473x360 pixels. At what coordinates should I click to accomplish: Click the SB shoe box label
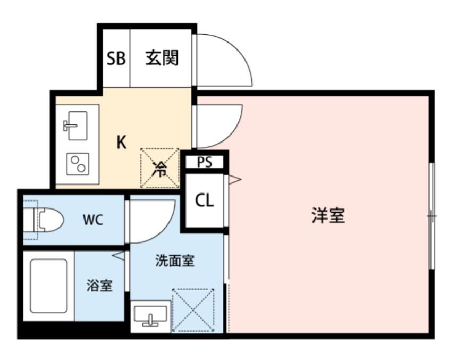point(116,58)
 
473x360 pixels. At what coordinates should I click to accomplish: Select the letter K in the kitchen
point(121,142)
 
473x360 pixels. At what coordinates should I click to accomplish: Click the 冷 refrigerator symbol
point(159,169)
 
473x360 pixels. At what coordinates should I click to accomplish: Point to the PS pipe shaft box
point(205,162)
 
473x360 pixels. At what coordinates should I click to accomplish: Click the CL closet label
point(205,200)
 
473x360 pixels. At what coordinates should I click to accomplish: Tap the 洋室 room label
point(328,215)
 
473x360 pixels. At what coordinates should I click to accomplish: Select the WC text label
point(93,220)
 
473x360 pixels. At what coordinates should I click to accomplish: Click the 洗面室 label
point(175,261)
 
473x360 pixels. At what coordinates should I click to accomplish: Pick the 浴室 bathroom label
point(99,286)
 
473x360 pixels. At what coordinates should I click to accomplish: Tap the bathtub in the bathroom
point(48,286)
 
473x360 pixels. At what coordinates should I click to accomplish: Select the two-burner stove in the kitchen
point(78,164)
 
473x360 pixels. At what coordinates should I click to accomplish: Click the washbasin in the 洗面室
point(150,314)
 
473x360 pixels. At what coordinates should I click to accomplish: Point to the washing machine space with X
point(193,311)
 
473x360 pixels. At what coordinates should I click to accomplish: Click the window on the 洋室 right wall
point(432,216)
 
